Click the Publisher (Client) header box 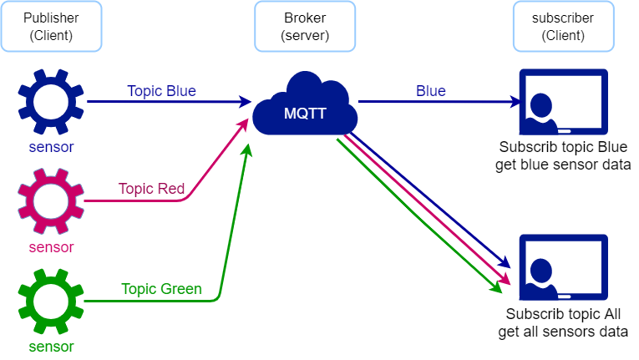click(x=52, y=28)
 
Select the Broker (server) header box click(x=305, y=28)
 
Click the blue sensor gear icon click(x=51, y=102)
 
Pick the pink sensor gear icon click(x=51, y=201)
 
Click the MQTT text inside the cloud click(x=306, y=114)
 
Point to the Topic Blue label click(x=161, y=91)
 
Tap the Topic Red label click(x=151, y=189)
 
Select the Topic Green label click(x=161, y=289)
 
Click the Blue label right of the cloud click(x=431, y=91)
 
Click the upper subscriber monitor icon click(x=563, y=102)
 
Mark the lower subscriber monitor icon click(x=563, y=266)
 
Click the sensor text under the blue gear click(x=51, y=148)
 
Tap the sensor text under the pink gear click(x=51, y=247)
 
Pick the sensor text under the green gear click(x=51, y=347)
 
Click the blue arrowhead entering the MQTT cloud click(x=245, y=102)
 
